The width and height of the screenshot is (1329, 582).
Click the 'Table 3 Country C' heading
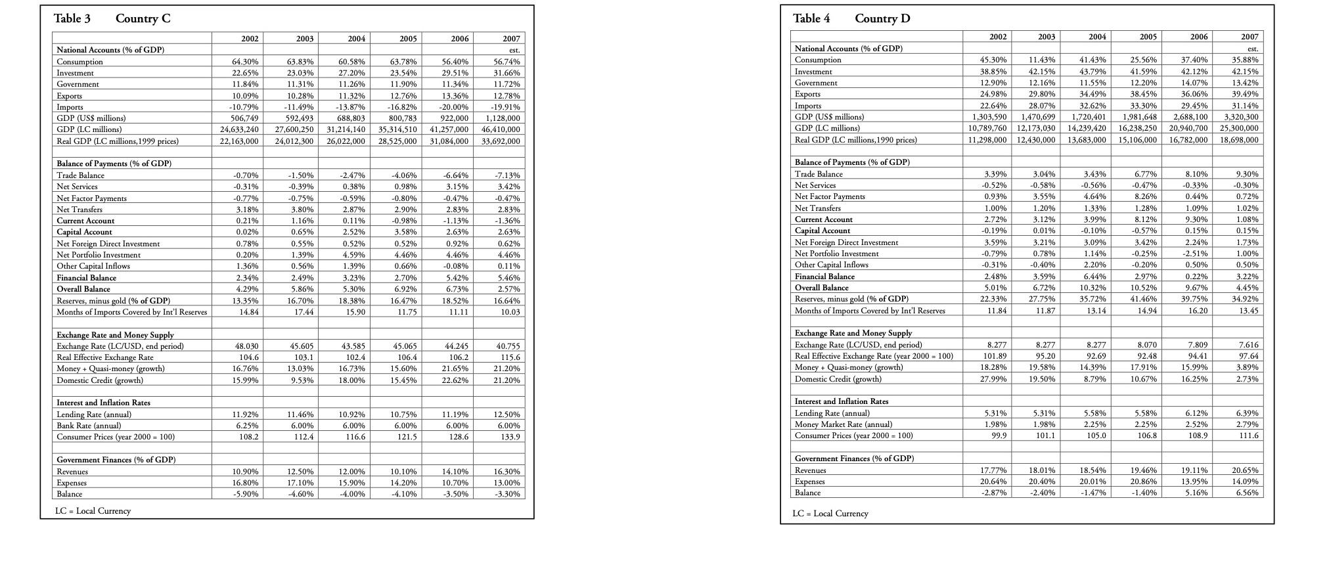point(112,18)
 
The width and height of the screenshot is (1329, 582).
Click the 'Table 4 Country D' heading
point(851,18)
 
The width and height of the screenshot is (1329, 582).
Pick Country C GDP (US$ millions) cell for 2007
point(503,118)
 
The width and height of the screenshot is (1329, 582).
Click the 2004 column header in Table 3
point(356,39)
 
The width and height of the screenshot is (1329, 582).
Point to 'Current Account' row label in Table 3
point(85,221)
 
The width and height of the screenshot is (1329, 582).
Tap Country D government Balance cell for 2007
point(1247,492)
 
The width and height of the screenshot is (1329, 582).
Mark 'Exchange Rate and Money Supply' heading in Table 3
point(115,334)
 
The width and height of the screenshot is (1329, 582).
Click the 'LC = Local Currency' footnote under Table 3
point(93,510)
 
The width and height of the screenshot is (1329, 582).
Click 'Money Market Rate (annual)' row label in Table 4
point(843,424)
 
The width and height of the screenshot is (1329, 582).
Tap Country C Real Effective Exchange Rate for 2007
point(509,357)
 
